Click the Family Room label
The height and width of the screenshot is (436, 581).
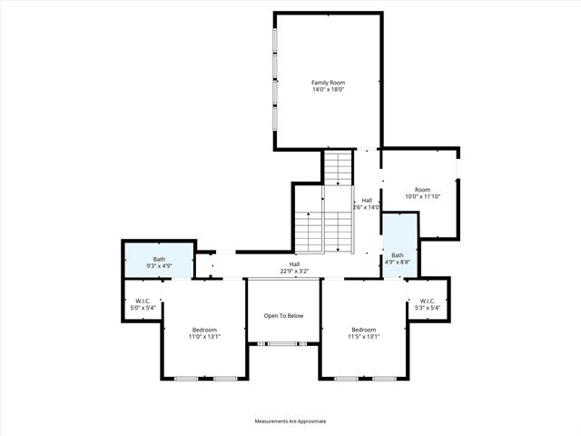tap(328, 83)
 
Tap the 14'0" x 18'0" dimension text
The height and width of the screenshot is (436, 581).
tap(329, 89)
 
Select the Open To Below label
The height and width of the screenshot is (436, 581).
tap(283, 316)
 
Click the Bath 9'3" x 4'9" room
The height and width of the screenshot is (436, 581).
tap(159, 260)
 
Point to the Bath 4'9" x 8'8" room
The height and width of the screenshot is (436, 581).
tap(399, 245)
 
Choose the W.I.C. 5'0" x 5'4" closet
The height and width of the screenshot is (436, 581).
tap(143, 301)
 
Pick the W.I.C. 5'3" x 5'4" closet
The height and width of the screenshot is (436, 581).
tap(428, 301)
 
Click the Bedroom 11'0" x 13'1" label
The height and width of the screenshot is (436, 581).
tap(204, 333)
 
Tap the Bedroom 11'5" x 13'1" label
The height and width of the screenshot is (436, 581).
tap(364, 333)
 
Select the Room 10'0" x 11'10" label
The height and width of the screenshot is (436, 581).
tap(423, 193)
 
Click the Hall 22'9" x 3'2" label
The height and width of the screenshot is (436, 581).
tap(294, 268)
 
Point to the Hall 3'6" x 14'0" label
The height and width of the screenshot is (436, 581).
tap(367, 203)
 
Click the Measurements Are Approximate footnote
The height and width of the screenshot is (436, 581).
tap(290, 421)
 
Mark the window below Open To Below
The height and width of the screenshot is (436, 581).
tap(282, 344)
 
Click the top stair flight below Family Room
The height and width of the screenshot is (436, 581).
tap(338, 168)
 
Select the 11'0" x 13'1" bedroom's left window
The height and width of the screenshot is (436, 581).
tap(187, 379)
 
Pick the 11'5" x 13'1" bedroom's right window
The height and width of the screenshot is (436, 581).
tap(384, 379)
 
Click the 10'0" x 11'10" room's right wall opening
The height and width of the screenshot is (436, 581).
tap(458, 168)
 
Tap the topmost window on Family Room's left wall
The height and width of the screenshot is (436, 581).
tap(275, 40)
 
